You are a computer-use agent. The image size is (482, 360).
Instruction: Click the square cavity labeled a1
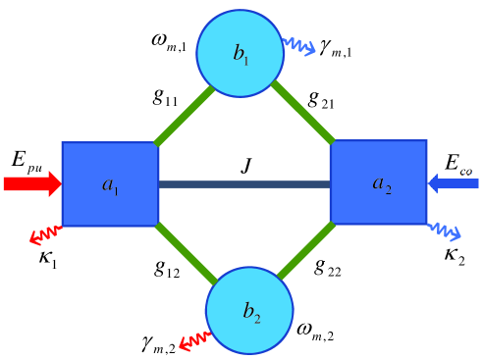point(110,183)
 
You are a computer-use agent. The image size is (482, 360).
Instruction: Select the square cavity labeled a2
point(378,183)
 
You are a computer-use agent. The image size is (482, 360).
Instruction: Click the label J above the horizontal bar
point(247,166)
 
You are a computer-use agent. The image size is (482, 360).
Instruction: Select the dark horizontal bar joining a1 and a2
point(244,183)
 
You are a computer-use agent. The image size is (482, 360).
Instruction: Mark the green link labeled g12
point(185,252)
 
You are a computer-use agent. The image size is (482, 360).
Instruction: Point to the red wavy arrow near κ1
point(44,235)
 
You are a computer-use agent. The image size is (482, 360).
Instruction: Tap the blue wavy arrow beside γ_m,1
point(298,46)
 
